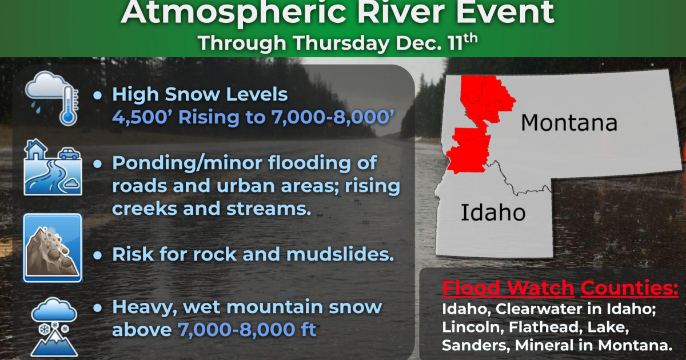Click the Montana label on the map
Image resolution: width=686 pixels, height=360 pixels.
569,123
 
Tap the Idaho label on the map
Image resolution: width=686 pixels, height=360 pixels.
493,213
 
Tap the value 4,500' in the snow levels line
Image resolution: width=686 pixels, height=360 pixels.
137,118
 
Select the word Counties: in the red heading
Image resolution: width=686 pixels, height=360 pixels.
629,288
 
